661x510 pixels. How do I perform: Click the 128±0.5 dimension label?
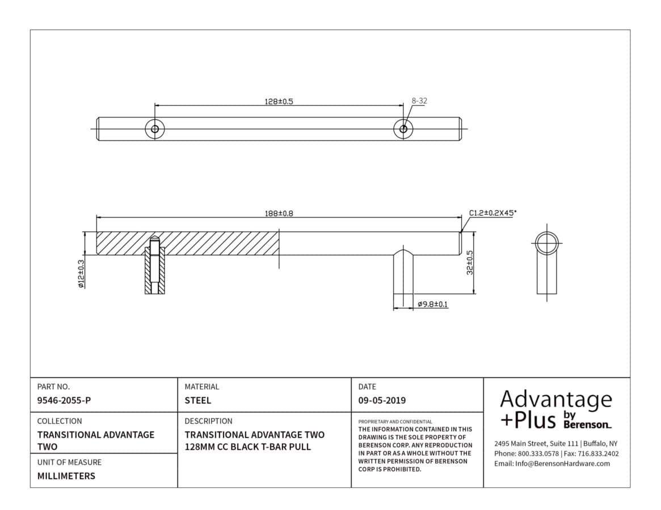tap(279, 101)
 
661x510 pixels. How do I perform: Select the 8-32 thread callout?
tap(419, 101)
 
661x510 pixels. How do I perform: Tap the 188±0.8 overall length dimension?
tap(279, 214)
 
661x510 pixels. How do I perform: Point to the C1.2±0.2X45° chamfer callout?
tap(493, 212)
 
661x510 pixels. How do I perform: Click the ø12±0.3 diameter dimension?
tap(81, 274)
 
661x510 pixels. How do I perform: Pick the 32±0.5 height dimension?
tap(470, 263)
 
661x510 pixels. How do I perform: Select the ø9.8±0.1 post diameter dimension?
tap(433, 304)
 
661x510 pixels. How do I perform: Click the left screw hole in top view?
tap(155, 129)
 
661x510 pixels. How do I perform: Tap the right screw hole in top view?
tap(403, 129)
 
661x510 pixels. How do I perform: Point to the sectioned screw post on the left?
tap(155, 265)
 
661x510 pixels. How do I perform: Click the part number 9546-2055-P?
tap(64, 401)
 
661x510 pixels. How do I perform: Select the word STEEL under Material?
tap(197, 401)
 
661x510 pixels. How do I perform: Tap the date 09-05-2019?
tap(382, 401)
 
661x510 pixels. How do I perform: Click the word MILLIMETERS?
tap(66, 477)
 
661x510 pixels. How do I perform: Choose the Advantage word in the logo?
tap(556, 399)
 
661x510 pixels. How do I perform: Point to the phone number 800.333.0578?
tap(538, 453)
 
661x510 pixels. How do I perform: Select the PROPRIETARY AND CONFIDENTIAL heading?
tap(395, 422)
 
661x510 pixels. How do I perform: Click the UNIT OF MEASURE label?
tap(69, 462)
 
